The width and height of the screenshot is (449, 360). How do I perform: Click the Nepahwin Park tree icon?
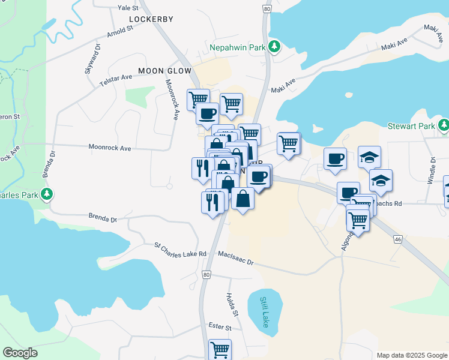coord(274,46)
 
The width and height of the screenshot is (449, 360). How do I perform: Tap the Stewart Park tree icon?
coord(444,125)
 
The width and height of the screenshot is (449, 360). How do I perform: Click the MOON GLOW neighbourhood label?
coord(164,71)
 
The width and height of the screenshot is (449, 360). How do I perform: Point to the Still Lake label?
coord(264,312)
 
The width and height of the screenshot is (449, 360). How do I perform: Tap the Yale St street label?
coord(128,8)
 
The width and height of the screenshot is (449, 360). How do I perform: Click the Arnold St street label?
coord(120,31)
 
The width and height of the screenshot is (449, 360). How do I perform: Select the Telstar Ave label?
coord(116,78)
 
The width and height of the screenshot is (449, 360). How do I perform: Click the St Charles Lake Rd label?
coord(180,250)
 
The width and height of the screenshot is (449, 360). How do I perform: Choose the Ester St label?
coord(220,328)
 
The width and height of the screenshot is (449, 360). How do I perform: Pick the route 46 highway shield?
coord(397,239)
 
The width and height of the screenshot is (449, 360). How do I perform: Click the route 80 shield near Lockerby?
coord(267,10)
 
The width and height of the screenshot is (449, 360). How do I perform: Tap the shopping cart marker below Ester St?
coord(220,349)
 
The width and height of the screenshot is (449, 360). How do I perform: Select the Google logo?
coord(20,353)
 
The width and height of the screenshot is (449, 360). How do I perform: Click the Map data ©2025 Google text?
coord(411,355)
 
